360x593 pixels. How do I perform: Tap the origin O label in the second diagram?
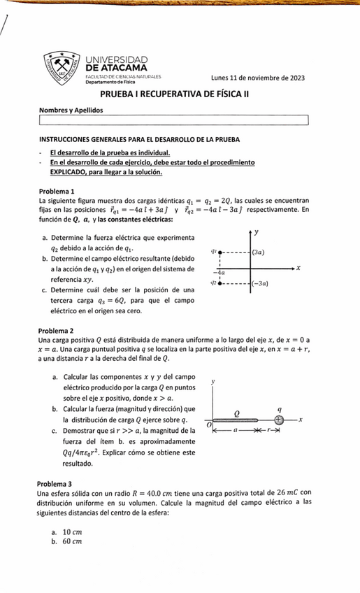pos(207,424)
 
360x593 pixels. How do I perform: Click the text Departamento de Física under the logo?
pos(110,83)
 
